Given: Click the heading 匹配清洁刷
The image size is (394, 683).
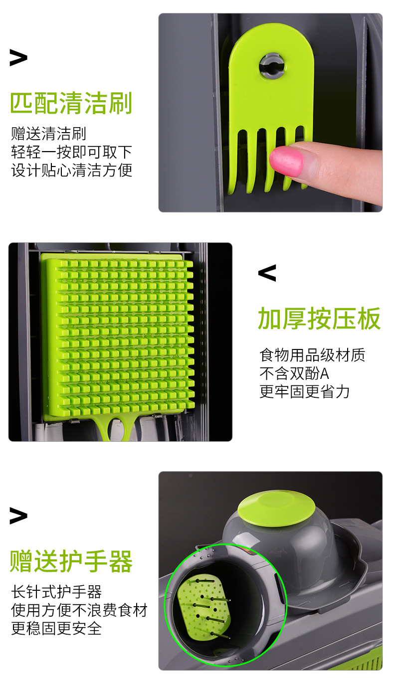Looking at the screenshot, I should point(71,103).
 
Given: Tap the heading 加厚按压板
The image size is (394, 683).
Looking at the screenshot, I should point(319,319).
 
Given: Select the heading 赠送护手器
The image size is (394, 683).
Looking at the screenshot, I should point(71,562).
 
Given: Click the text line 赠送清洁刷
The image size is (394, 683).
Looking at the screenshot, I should point(49,134).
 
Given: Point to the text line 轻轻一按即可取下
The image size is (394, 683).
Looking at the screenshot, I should point(71,152).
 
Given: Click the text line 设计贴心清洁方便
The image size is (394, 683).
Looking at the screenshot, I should point(71,170).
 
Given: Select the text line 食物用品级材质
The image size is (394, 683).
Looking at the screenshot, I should point(312,355).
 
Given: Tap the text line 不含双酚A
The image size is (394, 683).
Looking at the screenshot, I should point(294,373).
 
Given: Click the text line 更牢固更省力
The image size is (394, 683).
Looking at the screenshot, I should point(304,391).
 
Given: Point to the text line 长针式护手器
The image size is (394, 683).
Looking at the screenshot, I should point(56,592).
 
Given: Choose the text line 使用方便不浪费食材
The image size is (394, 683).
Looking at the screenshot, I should point(79,610).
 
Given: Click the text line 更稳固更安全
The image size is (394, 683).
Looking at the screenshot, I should point(56,629).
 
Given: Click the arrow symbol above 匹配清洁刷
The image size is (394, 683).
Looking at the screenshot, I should point(18,58).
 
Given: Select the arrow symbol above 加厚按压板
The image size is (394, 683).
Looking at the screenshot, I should point(267,273).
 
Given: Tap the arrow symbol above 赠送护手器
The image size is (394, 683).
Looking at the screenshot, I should point(18,516).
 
